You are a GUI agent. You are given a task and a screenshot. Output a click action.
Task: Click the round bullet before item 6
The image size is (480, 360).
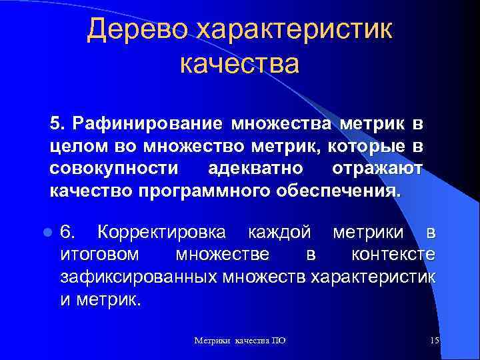(x=47, y=233)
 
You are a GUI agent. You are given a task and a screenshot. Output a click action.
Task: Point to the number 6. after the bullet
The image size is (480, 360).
(x=69, y=232)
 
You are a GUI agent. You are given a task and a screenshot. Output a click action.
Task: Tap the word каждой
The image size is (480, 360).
(x=279, y=232)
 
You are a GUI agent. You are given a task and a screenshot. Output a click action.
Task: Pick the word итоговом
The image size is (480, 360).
(x=100, y=255)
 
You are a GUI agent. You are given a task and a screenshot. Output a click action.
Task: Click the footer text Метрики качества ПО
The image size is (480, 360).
(x=240, y=341)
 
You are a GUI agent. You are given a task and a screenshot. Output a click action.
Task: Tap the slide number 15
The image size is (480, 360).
(x=434, y=341)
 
